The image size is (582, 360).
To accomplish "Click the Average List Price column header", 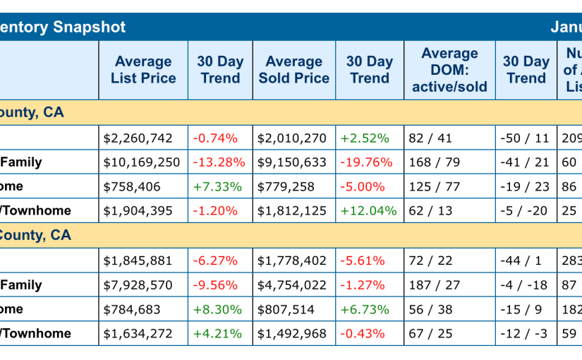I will coord(143,70).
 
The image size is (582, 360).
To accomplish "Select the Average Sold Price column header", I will coord(293,70).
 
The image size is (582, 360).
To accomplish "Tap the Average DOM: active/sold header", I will coord(449,70).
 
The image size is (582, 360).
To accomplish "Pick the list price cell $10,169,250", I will coord(142,162).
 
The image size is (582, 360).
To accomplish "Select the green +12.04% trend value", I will coord(369,210).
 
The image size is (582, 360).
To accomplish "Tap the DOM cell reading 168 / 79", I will coord(435,162).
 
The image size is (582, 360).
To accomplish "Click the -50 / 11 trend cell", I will coord(524,138).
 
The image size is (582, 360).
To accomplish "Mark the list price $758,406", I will coord(132,186).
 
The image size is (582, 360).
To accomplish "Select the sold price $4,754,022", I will coord(292,285).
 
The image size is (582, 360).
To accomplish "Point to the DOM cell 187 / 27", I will coord(435,285).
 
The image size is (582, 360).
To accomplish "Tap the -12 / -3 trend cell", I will coord(524,333).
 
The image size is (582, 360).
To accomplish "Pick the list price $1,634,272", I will coord(138,333).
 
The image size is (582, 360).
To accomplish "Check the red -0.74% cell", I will coord(215,138).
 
